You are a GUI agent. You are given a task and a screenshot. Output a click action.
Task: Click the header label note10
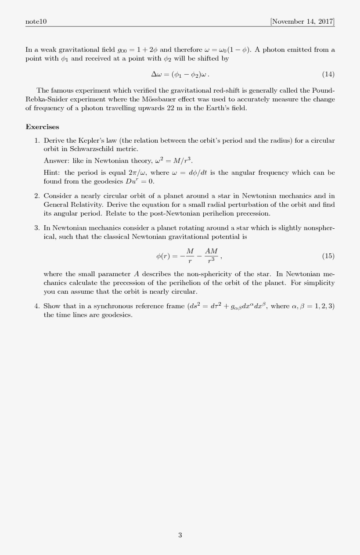[36, 22]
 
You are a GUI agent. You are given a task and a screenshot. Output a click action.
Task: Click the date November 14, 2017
[302, 22]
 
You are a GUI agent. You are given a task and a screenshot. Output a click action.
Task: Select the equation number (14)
[328, 74]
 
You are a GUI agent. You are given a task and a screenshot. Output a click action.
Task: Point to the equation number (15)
[328, 256]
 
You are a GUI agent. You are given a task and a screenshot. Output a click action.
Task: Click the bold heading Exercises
[42, 127]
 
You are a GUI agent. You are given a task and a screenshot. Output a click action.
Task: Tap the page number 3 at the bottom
[180, 535]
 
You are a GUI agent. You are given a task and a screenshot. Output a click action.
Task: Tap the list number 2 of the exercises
[37, 196]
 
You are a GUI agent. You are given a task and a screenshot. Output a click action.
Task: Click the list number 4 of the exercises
[37, 306]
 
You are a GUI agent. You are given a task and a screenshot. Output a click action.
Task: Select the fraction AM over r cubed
[211, 256]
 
